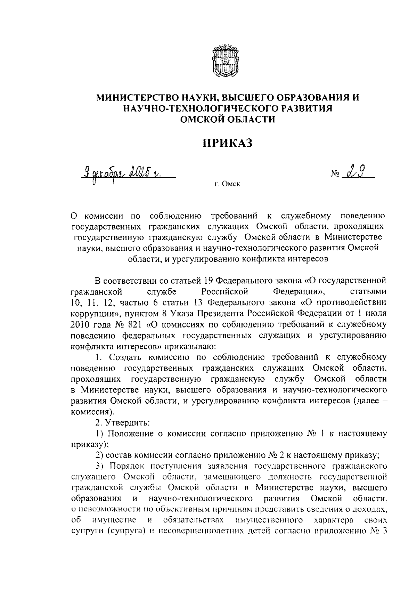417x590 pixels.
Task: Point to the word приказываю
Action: coord(187,346)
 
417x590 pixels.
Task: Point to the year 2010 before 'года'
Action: coord(81,324)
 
